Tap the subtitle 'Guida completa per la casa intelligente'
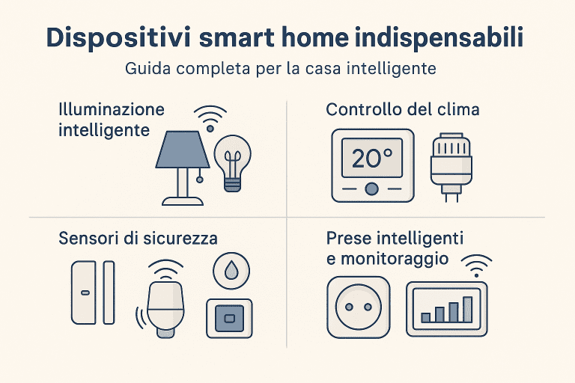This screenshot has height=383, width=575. (287, 70)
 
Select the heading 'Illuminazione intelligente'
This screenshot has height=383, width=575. (112, 120)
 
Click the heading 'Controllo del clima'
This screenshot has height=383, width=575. (403, 110)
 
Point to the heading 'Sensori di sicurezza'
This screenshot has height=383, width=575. (138, 239)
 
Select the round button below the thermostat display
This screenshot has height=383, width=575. (371, 188)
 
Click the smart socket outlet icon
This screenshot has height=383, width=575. (359, 307)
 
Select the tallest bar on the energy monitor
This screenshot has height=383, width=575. (468, 309)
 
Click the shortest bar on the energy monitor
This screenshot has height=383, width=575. (426, 317)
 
